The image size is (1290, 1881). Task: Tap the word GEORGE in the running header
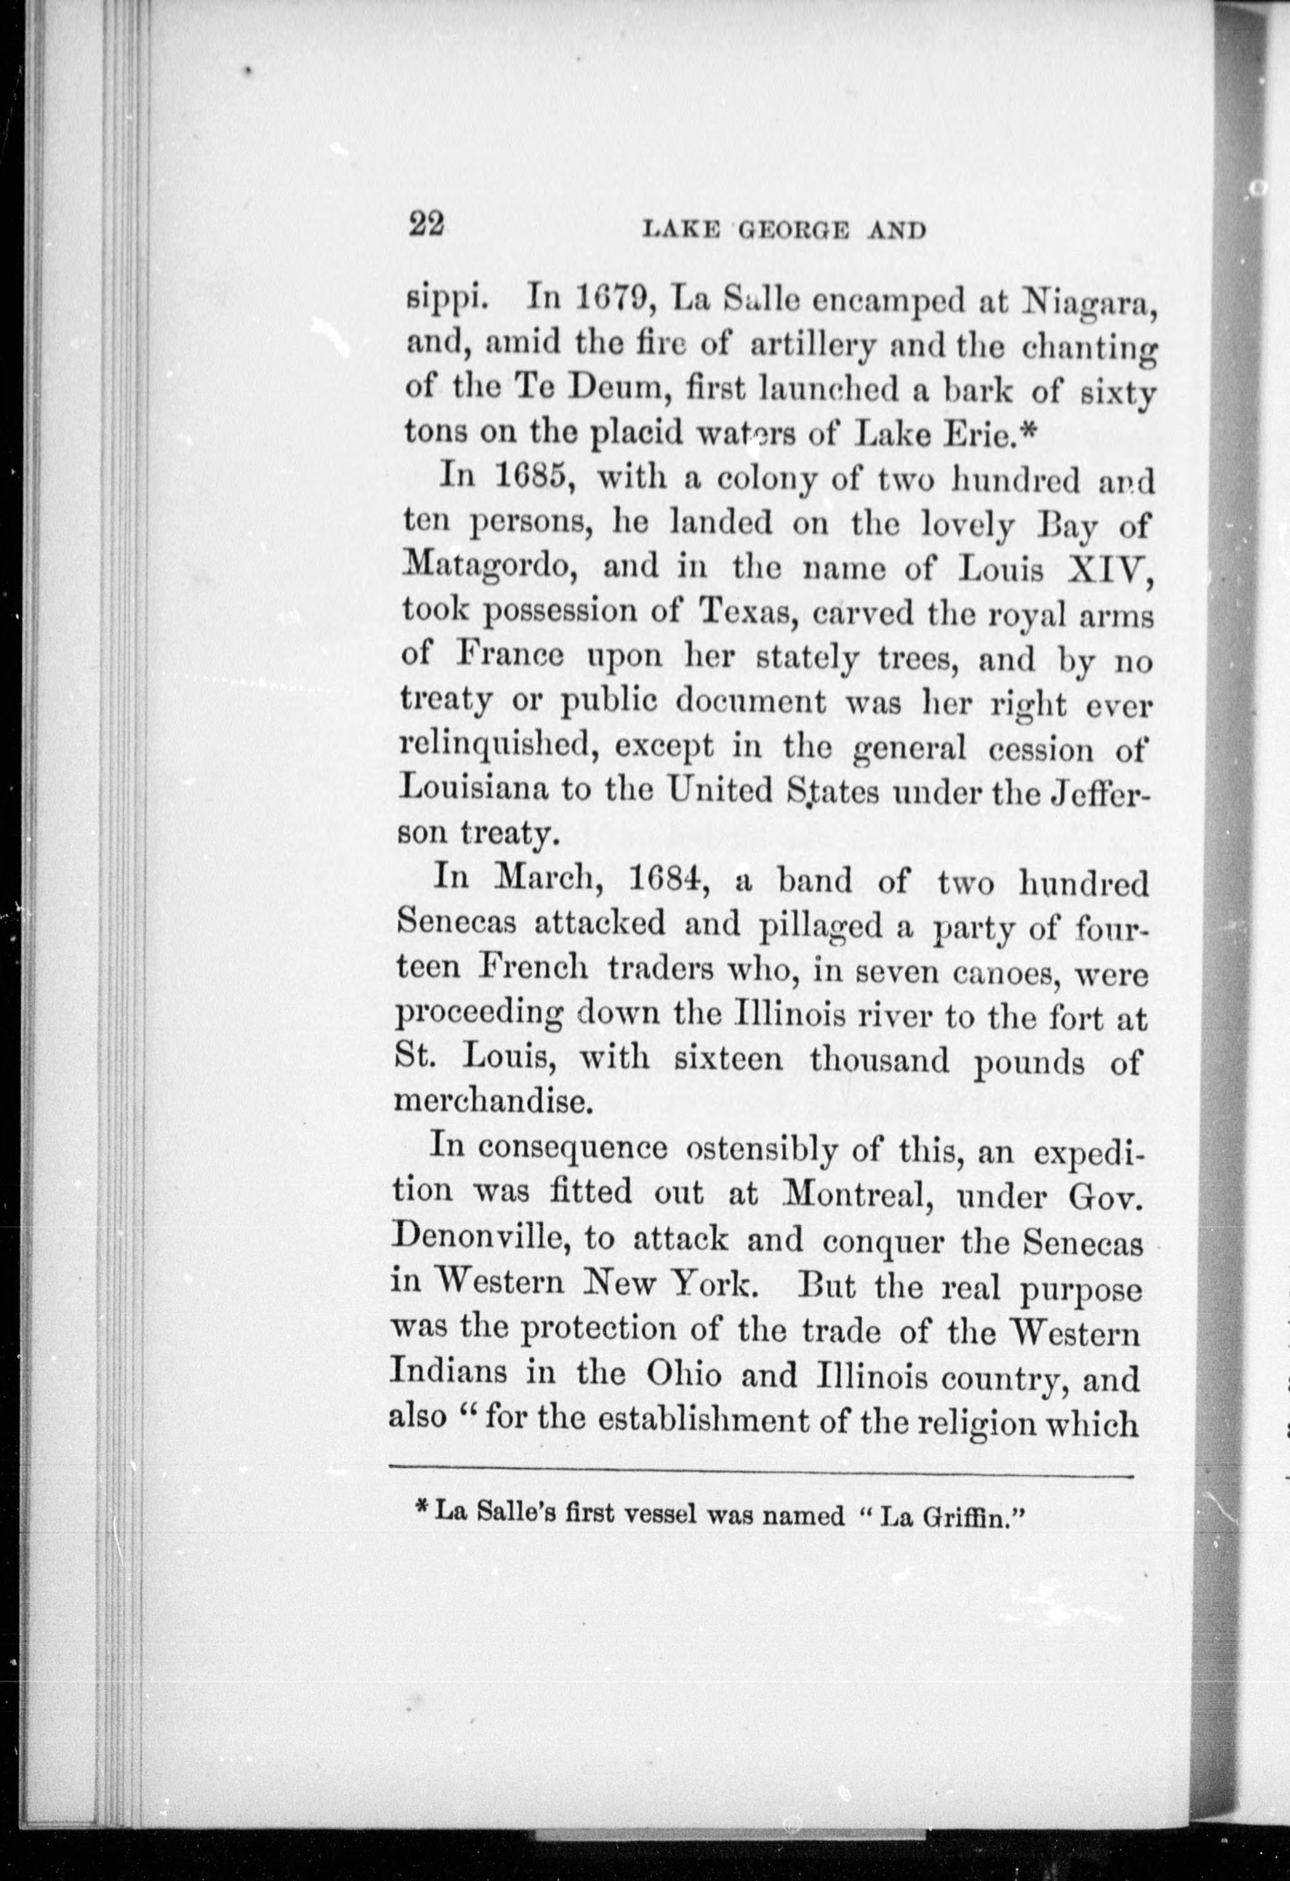(x=793, y=230)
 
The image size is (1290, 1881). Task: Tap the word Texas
(x=749, y=611)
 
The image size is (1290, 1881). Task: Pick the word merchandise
(x=488, y=1102)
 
